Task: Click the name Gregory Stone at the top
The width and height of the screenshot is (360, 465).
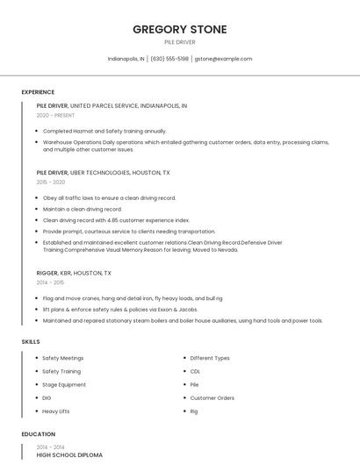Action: (179, 30)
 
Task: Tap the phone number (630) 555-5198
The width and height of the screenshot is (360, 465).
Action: (169, 59)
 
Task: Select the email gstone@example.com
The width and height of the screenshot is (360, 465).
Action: (223, 59)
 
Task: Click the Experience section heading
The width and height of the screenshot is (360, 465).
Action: (38, 92)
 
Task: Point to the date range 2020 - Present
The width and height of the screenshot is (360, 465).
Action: (55, 115)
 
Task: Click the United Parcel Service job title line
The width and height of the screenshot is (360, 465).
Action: (112, 105)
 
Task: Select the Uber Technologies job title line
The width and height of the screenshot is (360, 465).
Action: (103, 173)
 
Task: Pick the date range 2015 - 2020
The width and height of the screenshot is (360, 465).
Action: (51, 182)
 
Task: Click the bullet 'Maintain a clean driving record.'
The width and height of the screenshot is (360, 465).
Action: (83, 209)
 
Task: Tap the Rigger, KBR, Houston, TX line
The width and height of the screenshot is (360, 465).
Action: (74, 273)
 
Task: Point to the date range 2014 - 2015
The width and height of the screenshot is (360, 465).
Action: (50, 283)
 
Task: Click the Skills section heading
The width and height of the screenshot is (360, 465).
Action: (31, 341)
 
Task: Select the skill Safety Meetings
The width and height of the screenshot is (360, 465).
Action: (63, 358)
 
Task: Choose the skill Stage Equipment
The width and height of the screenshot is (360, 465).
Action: (64, 384)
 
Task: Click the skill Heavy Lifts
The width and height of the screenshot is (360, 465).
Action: (56, 411)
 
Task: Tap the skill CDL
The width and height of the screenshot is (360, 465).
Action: (195, 371)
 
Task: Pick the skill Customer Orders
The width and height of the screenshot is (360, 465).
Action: (212, 397)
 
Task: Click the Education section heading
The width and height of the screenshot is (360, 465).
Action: (38, 434)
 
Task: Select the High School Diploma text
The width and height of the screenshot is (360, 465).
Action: (69, 455)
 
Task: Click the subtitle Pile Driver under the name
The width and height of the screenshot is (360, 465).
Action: (179, 42)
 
